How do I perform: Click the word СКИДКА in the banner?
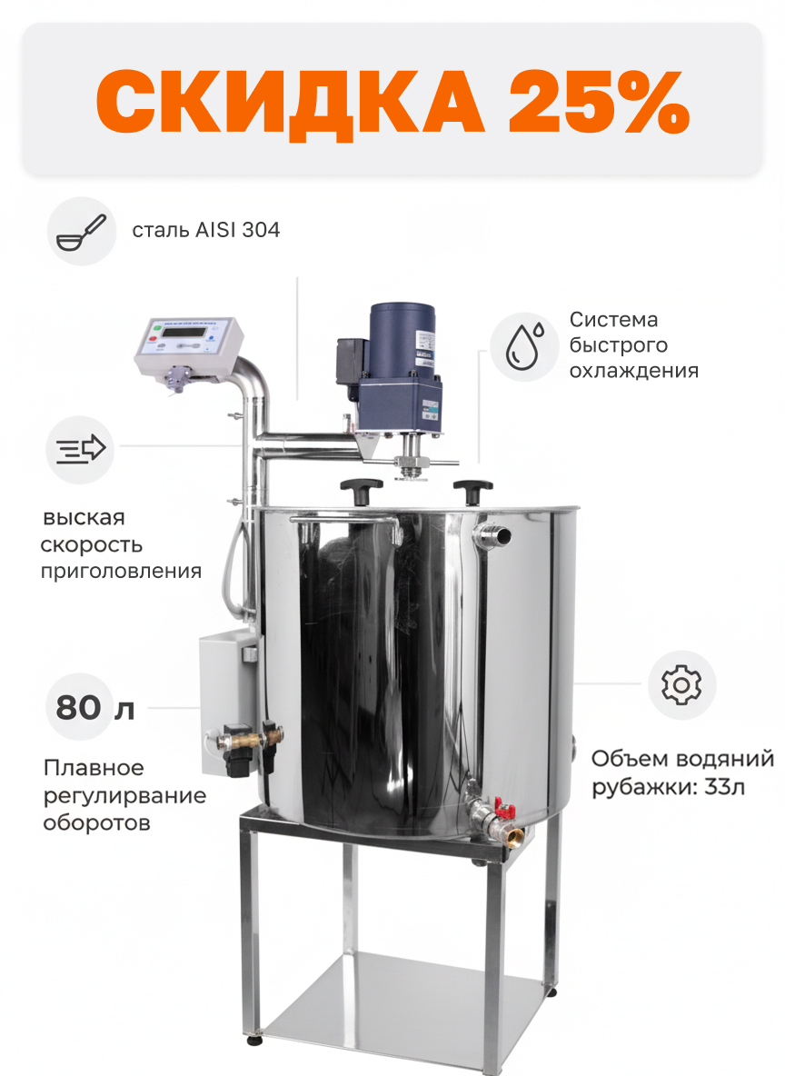click(x=290, y=103)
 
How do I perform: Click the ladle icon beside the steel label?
click(x=82, y=232)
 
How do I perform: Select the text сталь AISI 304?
click(x=206, y=230)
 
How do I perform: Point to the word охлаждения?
click(x=634, y=371)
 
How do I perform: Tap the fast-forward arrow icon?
click(x=80, y=450)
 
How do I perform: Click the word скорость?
click(x=91, y=545)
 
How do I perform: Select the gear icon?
click(x=681, y=685)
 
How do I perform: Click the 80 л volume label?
click(x=94, y=708)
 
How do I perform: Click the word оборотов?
click(x=96, y=822)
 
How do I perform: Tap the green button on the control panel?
click(x=155, y=330)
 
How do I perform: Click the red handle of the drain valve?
click(x=505, y=810)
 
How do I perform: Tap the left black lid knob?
click(x=361, y=489)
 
